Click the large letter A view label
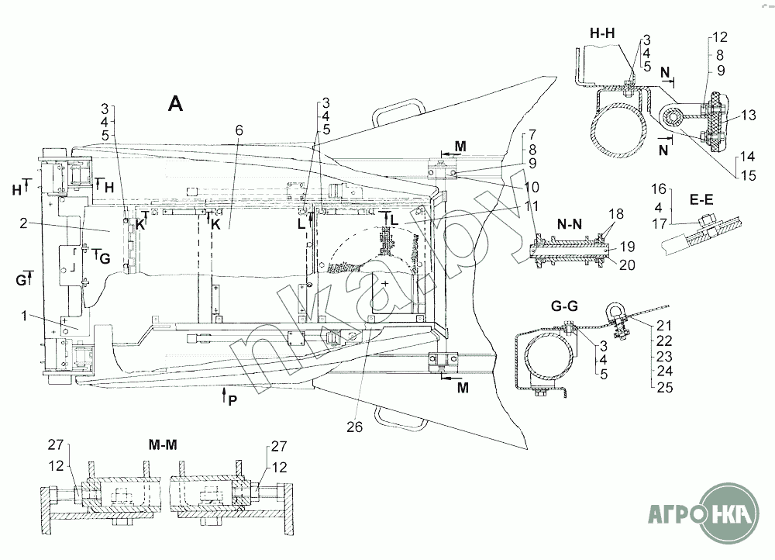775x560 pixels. [x=175, y=104]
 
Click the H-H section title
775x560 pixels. [x=602, y=33]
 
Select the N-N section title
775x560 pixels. [x=570, y=224]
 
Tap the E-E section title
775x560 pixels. [x=701, y=200]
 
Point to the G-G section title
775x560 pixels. [x=564, y=306]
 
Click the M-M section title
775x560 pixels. [x=163, y=444]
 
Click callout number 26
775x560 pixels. [x=354, y=427]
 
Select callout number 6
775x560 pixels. [x=239, y=130]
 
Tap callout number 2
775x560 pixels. [x=24, y=223]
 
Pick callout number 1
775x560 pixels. [x=24, y=315]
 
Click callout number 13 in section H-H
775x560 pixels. [x=749, y=115]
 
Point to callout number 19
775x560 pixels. [x=627, y=247]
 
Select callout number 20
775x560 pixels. [x=627, y=264]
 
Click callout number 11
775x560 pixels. [x=531, y=206]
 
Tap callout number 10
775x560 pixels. [x=532, y=187]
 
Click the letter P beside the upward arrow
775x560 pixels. [x=232, y=400]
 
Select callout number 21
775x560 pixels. [x=664, y=325]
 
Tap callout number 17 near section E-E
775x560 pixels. [x=660, y=223]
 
